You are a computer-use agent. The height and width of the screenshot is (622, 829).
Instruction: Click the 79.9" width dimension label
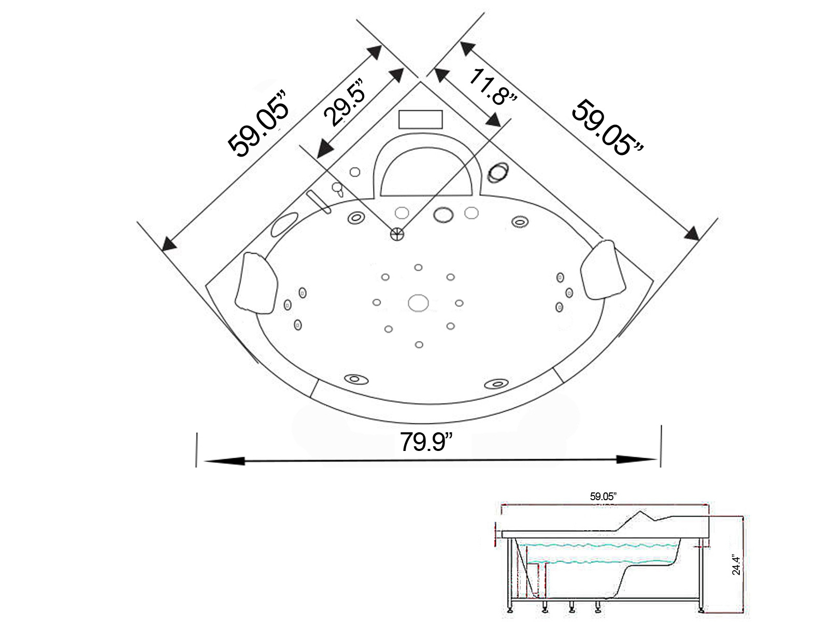[x=426, y=441]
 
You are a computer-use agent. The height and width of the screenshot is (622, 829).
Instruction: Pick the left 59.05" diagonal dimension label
[x=259, y=122]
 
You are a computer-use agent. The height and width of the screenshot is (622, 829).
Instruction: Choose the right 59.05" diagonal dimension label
[x=607, y=128]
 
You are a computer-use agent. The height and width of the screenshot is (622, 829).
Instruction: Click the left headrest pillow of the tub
[x=256, y=283]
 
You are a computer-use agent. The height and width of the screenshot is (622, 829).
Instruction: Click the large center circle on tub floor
[x=418, y=303]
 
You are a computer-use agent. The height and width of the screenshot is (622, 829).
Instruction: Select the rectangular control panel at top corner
[x=420, y=119]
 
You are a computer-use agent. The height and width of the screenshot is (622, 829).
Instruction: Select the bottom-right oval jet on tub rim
[x=495, y=384]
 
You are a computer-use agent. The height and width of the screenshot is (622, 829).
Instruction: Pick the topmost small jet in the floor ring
[x=418, y=267]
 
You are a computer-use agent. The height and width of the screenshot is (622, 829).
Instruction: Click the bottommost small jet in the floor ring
[x=419, y=344]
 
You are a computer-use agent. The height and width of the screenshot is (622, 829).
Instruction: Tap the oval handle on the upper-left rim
[x=283, y=225]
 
